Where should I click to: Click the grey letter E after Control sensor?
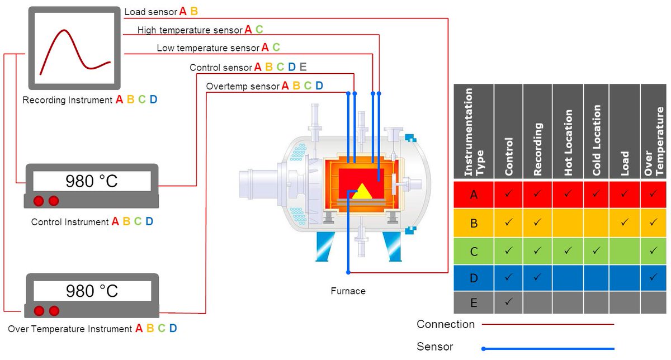(x=303, y=67)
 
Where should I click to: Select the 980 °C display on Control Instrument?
(x=92, y=181)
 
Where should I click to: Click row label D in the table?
(x=474, y=277)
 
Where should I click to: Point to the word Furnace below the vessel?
(x=348, y=291)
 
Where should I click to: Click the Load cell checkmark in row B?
(x=625, y=222)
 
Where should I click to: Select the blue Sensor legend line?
(x=548, y=348)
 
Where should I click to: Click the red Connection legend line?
(x=548, y=324)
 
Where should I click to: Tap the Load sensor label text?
(x=150, y=12)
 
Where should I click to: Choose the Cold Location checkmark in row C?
(x=596, y=250)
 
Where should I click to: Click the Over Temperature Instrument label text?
(x=70, y=329)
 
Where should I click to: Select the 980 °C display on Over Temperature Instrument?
(x=92, y=291)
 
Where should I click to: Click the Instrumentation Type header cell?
(x=474, y=132)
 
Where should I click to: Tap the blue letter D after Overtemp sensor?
(x=319, y=86)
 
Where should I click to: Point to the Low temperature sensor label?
(x=208, y=48)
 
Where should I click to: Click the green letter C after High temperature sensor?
(x=259, y=30)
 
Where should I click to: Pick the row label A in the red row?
(x=474, y=195)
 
